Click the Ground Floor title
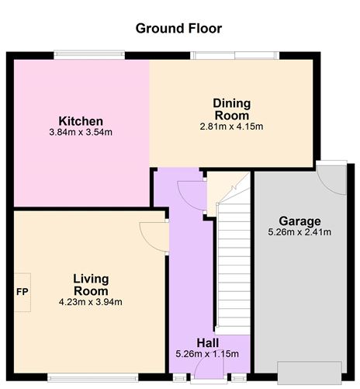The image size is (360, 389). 178,28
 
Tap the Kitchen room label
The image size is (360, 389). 81,121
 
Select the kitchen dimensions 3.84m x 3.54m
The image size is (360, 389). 81,132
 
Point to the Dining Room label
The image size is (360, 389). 232,109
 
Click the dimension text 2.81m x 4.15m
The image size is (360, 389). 231,127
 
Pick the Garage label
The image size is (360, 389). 299,221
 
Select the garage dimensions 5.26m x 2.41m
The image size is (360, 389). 299,232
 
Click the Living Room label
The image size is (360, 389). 91,285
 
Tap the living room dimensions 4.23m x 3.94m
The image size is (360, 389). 91,302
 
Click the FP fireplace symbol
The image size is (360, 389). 22,292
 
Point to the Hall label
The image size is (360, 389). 208,343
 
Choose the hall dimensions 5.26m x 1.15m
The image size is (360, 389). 207,354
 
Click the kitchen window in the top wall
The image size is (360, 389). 89,55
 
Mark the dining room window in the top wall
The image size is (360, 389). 235,55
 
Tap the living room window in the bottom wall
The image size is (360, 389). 93,377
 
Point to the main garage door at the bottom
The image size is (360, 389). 310,373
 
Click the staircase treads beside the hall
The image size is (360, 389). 234,264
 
